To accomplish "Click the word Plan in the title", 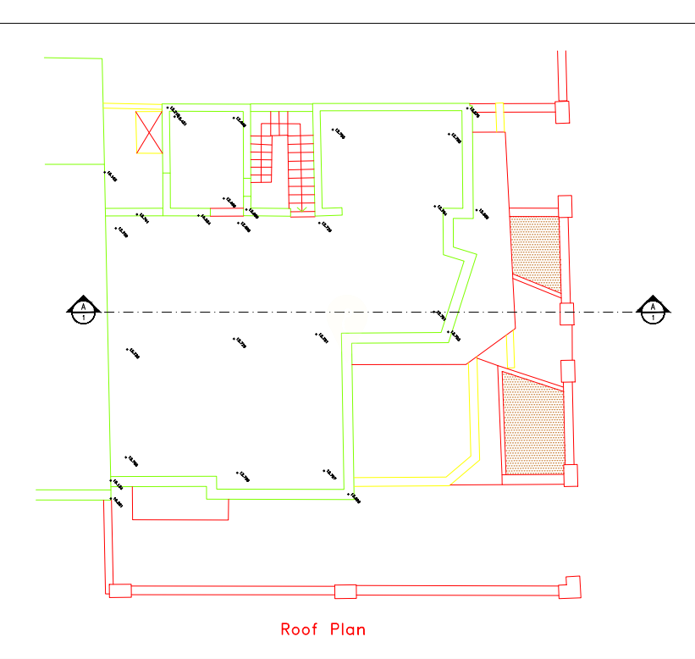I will [x=348, y=629].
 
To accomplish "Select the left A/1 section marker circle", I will [x=84, y=312].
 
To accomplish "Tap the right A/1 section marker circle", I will [x=653, y=312].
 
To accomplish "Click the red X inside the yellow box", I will [x=150, y=132].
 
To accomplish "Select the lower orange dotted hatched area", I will [x=533, y=423].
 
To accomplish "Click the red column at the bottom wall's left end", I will [x=120, y=590].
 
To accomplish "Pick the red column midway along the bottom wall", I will [x=345, y=591].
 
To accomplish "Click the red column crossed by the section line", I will [x=567, y=313].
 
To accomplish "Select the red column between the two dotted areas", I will [x=568, y=371].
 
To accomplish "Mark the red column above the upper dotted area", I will [x=566, y=206].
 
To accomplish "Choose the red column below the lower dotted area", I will [x=571, y=475].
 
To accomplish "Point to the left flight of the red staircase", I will [x=262, y=161].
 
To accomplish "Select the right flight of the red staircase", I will [x=301, y=169].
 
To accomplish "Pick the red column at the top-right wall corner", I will [x=562, y=111].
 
